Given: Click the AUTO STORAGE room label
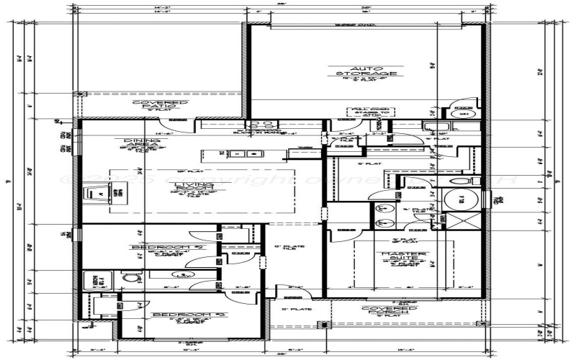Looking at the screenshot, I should point(372,71).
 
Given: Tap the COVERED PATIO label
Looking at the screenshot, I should point(160,105).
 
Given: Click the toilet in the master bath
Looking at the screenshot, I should point(464,179).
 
